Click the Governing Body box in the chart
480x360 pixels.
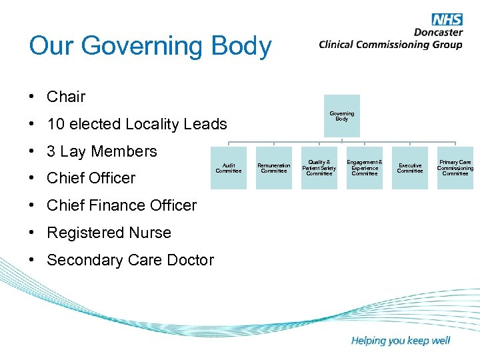[x=342, y=116]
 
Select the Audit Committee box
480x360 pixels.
[x=229, y=168]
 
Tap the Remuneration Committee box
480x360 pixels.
[x=274, y=168]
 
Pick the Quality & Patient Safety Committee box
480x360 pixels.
[x=319, y=168]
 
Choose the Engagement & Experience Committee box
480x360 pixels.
[x=365, y=168]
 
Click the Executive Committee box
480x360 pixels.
[x=410, y=168]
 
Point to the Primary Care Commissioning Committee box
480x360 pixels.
[x=455, y=168]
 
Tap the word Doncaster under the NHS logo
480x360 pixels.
[x=438, y=32]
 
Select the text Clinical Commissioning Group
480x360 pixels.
[x=390, y=45]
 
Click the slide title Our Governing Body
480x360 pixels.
[x=151, y=46]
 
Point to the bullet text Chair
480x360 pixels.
[x=66, y=97]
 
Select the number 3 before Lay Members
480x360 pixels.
[x=51, y=151]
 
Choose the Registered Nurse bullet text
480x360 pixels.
[x=109, y=233]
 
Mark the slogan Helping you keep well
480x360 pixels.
[x=401, y=341]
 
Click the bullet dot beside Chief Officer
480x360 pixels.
[x=33, y=178]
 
